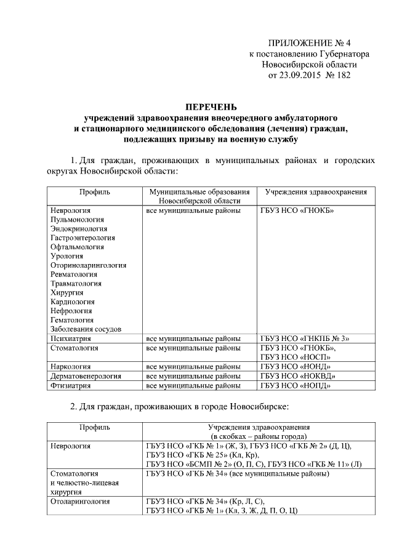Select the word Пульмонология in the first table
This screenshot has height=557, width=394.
[x=78, y=220]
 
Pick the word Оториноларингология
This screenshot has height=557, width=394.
[x=89, y=265]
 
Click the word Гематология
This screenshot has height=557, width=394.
[x=73, y=320]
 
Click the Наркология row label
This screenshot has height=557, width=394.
[x=71, y=367]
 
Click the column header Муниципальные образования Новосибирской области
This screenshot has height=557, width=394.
[x=199, y=196]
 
